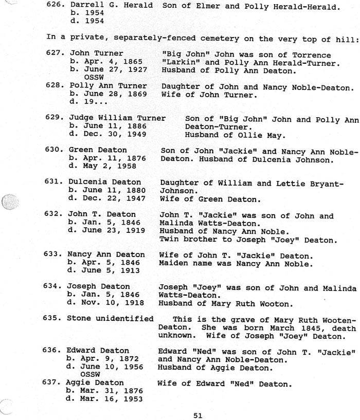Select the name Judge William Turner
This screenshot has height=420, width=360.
point(117,118)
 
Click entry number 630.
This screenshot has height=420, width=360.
point(54,151)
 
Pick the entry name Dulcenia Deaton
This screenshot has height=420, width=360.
point(104,182)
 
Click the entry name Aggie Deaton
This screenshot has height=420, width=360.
point(96,382)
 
